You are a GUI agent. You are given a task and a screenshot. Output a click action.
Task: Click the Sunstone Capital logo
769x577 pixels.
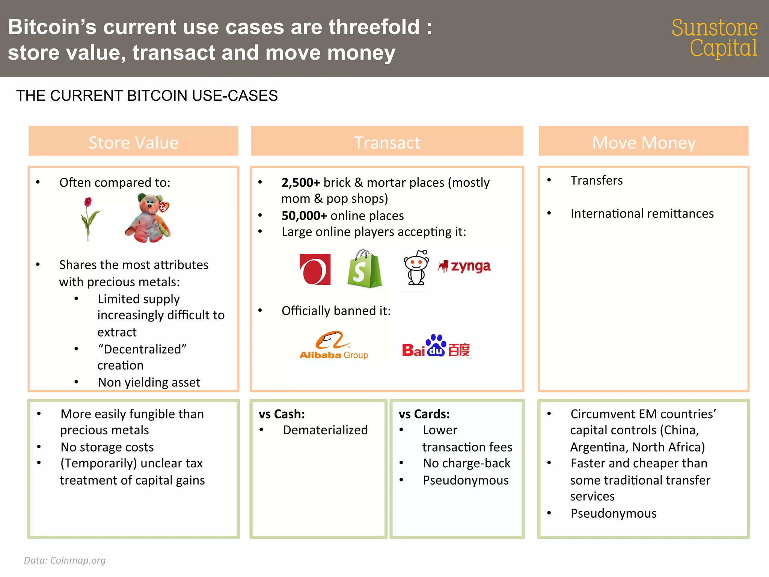[714, 38]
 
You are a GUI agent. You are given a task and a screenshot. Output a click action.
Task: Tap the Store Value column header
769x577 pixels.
[133, 142]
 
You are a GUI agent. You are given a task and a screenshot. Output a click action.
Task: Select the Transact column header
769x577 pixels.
[387, 142]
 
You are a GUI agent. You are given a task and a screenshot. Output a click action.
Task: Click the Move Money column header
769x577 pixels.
[644, 142]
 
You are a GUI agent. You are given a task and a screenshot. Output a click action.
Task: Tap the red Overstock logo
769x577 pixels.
[315, 269]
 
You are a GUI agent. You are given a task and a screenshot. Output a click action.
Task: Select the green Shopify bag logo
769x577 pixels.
[363, 269]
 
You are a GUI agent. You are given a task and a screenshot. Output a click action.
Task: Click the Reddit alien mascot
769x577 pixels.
[416, 267]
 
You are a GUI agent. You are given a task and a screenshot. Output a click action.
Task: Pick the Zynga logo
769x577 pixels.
[464, 266]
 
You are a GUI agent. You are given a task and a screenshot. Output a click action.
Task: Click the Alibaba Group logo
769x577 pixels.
[333, 345]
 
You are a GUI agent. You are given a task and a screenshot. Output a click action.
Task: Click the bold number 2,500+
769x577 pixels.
[300, 183]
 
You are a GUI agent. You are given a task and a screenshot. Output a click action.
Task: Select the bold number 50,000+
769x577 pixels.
[304, 216]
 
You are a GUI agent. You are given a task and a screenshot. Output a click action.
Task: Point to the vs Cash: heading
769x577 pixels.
[282, 414]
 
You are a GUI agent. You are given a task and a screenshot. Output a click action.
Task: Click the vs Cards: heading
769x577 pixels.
[424, 414]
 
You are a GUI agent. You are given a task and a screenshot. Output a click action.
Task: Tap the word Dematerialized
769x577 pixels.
[325, 430]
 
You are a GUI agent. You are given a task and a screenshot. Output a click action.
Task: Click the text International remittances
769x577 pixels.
[642, 213]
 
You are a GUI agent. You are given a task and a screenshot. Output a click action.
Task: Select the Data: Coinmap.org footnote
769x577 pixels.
[65, 560]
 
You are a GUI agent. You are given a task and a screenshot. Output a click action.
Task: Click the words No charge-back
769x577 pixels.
[466, 463]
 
